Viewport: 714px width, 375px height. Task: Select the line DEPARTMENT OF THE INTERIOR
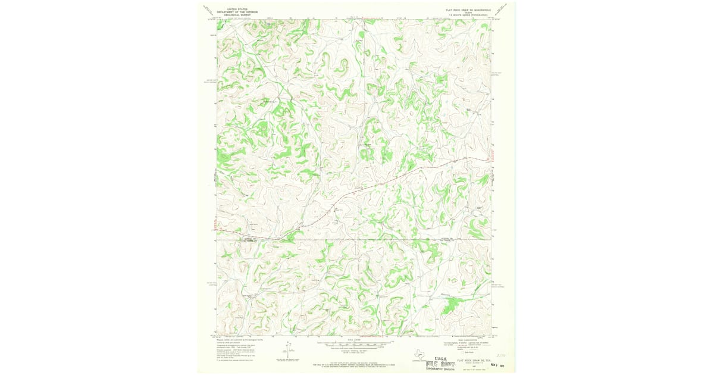tap(233, 12)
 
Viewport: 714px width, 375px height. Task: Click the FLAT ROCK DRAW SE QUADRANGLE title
tap(468, 10)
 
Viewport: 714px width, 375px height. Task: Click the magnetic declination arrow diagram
tap(289, 350)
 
